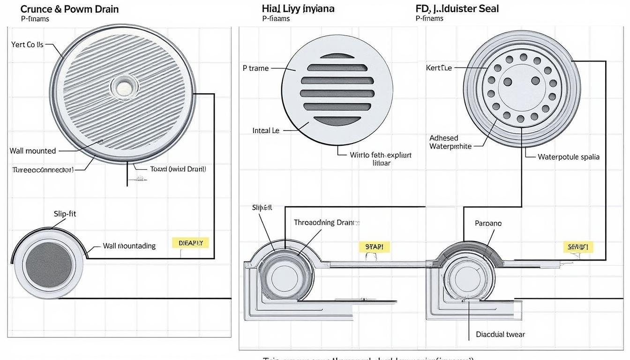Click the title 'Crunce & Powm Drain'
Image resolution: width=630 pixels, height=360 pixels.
pos(69,9)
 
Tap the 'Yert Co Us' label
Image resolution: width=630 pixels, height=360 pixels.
pos(27,45)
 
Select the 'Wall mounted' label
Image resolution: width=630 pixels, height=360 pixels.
pos(33,151)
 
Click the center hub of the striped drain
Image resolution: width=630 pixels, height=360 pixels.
pos(124,87)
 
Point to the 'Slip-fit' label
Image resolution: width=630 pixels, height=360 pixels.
pos(65,214)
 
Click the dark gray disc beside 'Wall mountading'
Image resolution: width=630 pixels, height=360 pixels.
pos(49,265)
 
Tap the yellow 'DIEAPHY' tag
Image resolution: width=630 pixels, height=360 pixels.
pos(190,243)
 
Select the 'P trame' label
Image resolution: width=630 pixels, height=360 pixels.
pos(255,68)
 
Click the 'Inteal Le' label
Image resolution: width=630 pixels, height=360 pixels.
pos(266,131)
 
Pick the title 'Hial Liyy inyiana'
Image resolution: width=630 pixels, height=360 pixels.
pos(298,9)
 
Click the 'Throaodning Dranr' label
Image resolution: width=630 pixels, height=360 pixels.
pos(327,223)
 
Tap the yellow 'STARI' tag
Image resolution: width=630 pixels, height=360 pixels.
pos(374,246)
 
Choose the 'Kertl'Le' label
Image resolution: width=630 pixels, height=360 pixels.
pos(439,68)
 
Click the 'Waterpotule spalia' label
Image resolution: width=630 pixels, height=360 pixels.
pos(569,157)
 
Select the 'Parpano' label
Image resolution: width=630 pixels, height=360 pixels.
pos(488,224)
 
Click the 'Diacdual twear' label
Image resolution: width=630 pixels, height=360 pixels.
pos(500,334)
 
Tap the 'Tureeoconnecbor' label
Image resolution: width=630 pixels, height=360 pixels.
pos(42,170)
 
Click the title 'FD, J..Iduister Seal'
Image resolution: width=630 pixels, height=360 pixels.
pos(457,9)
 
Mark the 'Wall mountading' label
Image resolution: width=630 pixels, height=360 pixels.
pos(129,246)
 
